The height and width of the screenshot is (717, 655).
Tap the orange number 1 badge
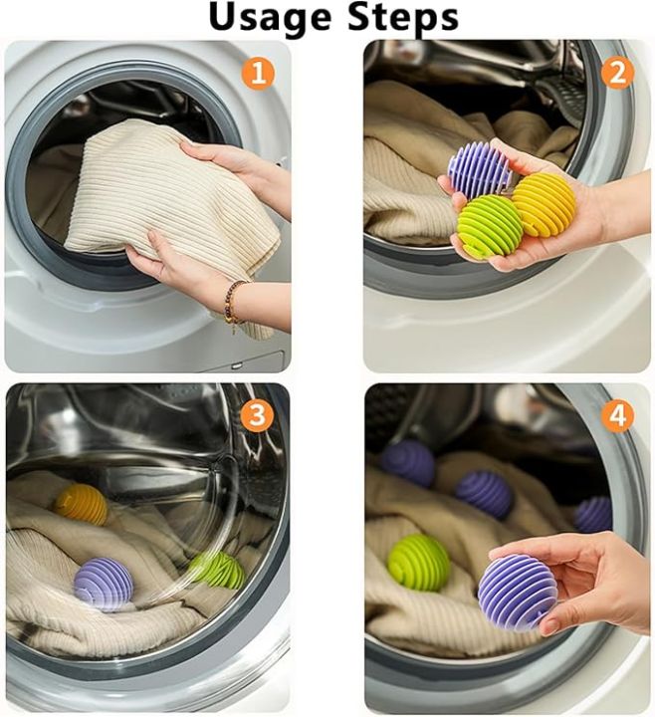258,73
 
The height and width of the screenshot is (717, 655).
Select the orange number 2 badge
617,73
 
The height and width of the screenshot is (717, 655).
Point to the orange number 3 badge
258,415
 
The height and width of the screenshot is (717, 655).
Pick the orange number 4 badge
617,415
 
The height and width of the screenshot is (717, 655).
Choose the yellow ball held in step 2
544,204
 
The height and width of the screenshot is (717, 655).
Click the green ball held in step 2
490,226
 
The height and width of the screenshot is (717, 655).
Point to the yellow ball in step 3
82,505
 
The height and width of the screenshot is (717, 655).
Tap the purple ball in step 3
104,584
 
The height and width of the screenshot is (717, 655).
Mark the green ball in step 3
217,570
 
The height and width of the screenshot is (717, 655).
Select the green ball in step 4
418,563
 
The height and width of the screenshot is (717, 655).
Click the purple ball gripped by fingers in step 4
518,592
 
